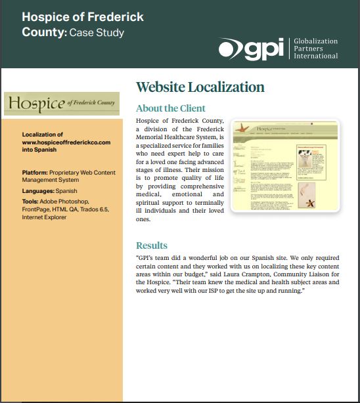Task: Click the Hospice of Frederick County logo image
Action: click(x=62, y=104)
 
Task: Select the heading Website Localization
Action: click(x=200, y=87)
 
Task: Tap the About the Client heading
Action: click(x=170, y=108)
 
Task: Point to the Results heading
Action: click(x=151, y=245)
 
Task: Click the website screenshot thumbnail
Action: click(x=285, y=166)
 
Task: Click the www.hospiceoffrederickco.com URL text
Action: click(x=66, y=142)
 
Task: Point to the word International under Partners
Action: click(x=316, y=56)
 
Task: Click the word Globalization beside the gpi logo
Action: click(x=315, y=41)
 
